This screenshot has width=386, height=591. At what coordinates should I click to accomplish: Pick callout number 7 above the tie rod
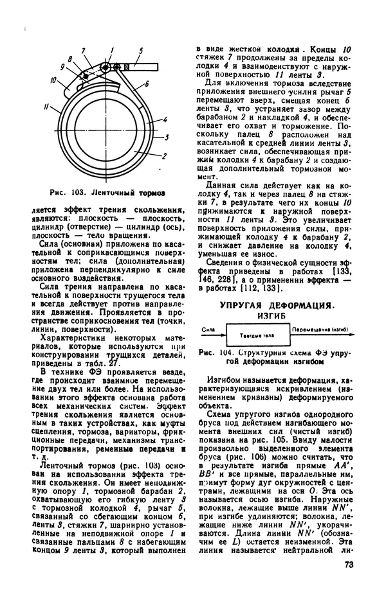click(84, 49)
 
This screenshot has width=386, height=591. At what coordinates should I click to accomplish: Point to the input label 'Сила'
click(207, 329)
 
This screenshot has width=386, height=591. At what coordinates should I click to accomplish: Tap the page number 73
click(349, 565)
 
